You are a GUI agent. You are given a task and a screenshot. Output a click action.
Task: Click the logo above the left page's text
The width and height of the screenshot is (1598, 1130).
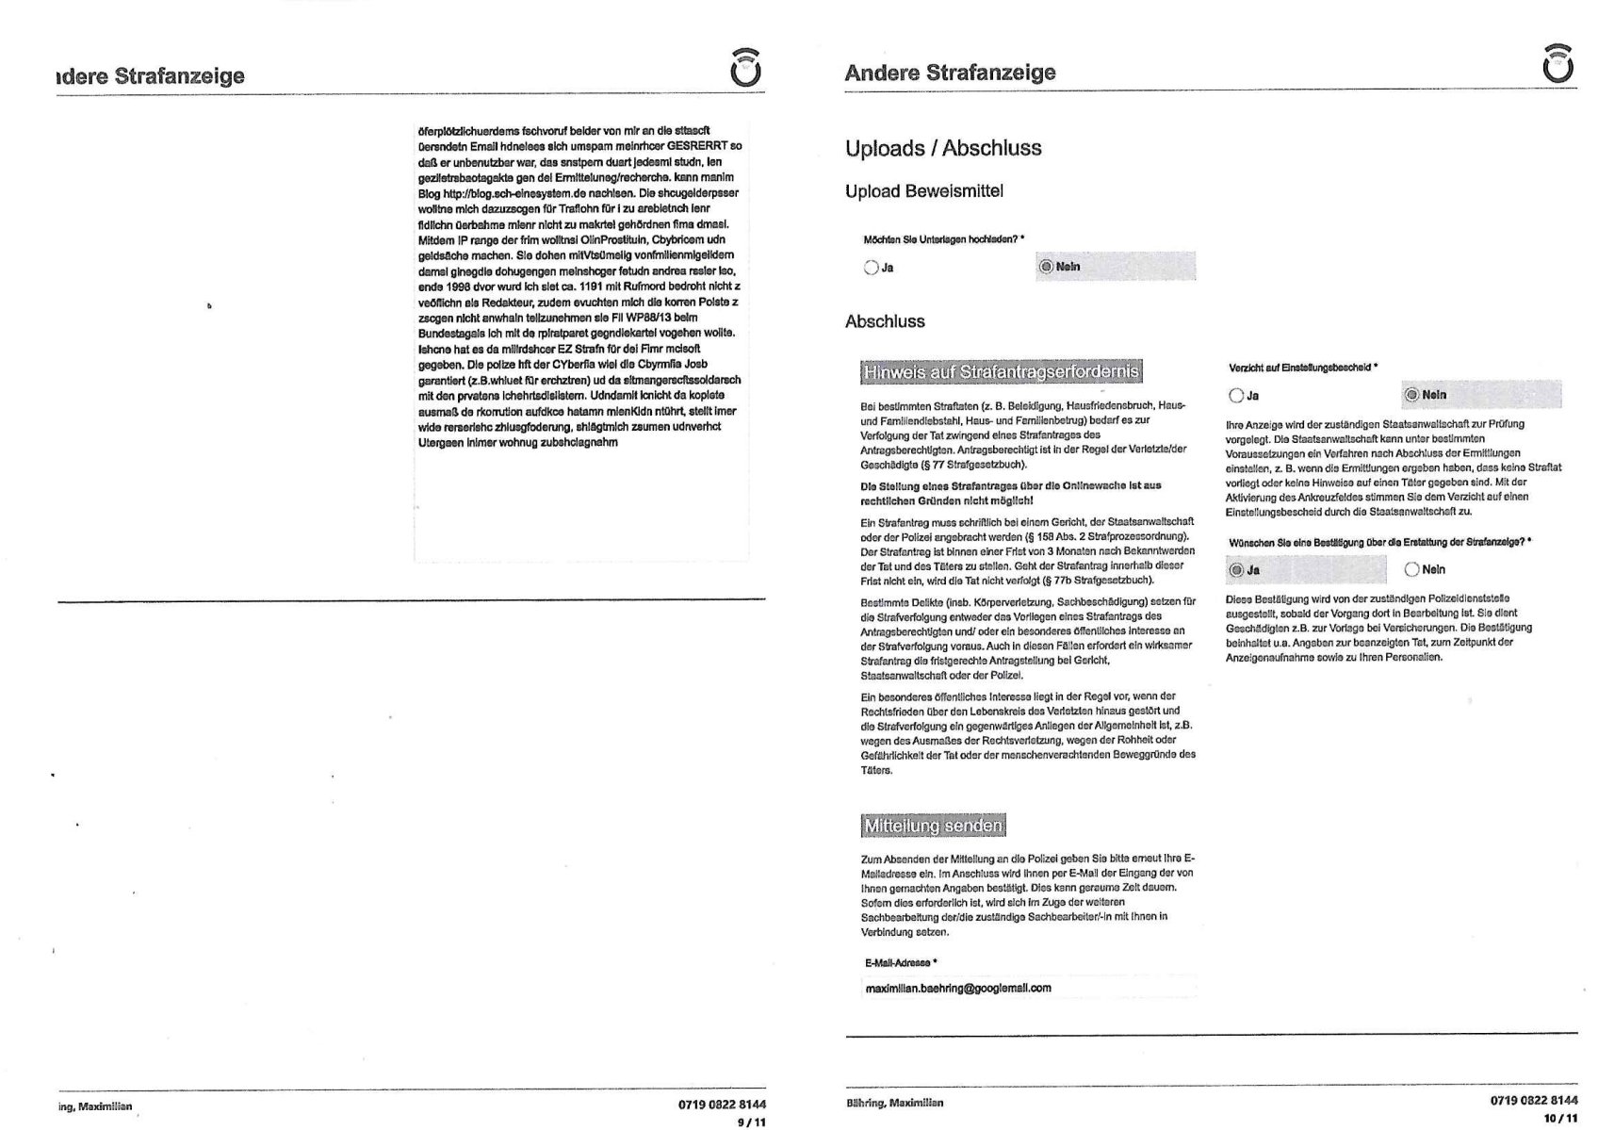tap(746, 68)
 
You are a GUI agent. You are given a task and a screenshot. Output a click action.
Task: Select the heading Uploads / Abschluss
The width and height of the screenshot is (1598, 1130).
tap(942, 148)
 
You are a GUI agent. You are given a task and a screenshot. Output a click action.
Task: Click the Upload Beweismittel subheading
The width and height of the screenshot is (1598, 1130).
tap(923, 191)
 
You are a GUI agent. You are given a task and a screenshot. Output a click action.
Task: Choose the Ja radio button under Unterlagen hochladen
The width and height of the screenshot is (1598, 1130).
tap(871, 268)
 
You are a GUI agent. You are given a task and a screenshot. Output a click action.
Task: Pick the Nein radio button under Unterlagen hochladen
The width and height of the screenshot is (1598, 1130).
tap(1044, 267)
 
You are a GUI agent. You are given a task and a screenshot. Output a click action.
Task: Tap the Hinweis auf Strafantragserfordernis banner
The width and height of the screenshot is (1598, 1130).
tap(1001, 372)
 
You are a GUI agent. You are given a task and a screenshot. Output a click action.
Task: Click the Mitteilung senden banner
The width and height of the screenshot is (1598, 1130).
tap(932, 827)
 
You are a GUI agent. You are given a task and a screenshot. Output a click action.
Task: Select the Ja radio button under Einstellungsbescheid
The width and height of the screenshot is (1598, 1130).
tap(1236, 396)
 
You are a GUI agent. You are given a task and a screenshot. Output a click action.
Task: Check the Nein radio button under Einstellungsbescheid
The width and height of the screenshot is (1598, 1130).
tap(1411, 395)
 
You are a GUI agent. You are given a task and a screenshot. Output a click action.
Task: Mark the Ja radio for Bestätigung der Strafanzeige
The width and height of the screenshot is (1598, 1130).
tap(1236, 570)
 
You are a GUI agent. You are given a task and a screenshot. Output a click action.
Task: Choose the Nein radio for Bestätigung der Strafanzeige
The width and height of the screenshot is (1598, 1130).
tap(1411, 569)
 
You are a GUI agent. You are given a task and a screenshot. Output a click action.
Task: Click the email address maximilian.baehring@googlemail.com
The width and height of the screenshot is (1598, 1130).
tap(957, 988)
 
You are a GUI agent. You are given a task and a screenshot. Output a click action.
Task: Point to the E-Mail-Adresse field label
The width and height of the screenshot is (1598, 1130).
tap(901, 962)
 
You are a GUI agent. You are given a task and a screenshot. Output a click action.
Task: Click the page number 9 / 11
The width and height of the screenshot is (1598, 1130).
tap(752, 1122)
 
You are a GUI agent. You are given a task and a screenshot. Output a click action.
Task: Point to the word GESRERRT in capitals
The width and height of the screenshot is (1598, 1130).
tap(698, 146)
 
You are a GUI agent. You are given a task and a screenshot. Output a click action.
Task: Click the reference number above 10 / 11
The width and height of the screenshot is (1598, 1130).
tap(1534, 1100)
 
